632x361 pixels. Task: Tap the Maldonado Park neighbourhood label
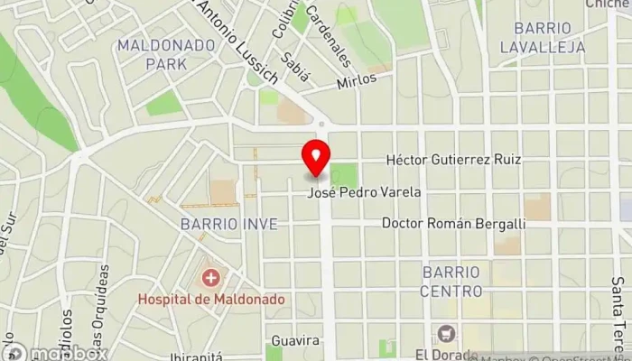click(x=152, y=54)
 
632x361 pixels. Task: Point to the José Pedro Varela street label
click(x=377, y=192)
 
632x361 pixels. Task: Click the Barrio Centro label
click(x=451, y=280)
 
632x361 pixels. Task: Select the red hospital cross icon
click(x=211, y=277)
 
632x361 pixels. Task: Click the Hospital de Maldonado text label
click(x=211, y=299)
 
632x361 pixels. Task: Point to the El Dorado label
click(x=445, y=354)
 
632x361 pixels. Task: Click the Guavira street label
click(x=295, y=340)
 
